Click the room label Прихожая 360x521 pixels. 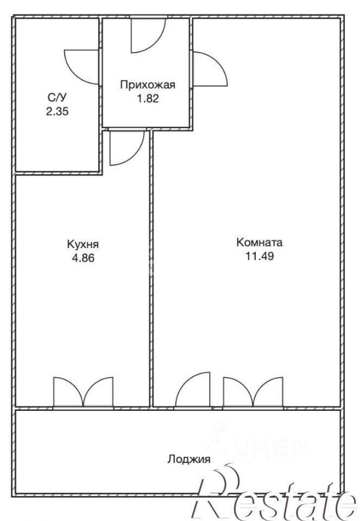tap(147, 85)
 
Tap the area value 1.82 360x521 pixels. tap(148, 99)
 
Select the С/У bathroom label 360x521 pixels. tap(57, 97)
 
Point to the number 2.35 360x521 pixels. tap(57, 111)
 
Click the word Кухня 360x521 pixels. tap(83, 245)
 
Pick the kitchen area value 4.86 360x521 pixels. tap(83, 258)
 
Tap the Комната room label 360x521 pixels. tap(260, 242)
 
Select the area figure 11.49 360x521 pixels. tap(260, 256)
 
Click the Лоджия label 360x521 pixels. tap(189, 459)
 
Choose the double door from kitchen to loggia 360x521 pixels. tap(83, 391)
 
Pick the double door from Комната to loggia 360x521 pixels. tap(253, 391)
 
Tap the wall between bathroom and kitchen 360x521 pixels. tap(59, 173)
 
